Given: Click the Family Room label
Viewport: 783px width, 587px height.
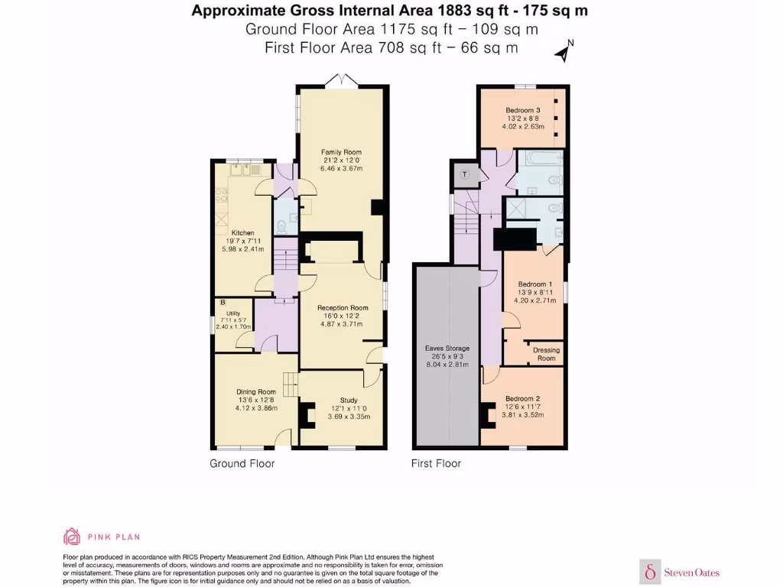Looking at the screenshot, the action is click(342, 152).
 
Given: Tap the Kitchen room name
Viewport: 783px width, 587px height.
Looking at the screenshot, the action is click(242, 232).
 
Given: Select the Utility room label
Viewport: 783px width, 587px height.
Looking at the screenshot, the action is click(233, 313).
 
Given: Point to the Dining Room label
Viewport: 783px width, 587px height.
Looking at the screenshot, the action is click(256, 392).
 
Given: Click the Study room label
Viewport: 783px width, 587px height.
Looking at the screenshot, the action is click(349, 401).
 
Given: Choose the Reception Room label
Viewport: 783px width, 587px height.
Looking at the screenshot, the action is click(343, 308).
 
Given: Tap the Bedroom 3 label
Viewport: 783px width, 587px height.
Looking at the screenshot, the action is click(523, 110).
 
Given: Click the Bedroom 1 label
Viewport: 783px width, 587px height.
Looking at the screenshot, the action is click(534, 284).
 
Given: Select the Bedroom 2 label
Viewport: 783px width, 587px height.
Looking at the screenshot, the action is click(522, 399).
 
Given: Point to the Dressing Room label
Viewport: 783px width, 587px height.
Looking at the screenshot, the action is click(546, 354).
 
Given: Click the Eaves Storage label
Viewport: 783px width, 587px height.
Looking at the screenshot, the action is click(447, 349).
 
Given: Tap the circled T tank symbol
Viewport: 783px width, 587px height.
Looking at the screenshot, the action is click(465, 174).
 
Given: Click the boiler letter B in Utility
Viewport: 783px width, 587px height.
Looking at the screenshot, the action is click(223, 303).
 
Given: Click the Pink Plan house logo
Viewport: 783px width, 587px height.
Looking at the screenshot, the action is click(71, 537).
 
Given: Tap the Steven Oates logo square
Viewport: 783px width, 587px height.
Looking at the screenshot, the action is click(650, 572).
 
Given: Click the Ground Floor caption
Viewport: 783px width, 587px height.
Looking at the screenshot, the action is click(242, 464).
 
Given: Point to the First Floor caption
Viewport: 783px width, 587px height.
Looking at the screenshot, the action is click(436, 464).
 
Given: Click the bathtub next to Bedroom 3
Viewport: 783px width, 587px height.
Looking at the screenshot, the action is click(539, 159).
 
